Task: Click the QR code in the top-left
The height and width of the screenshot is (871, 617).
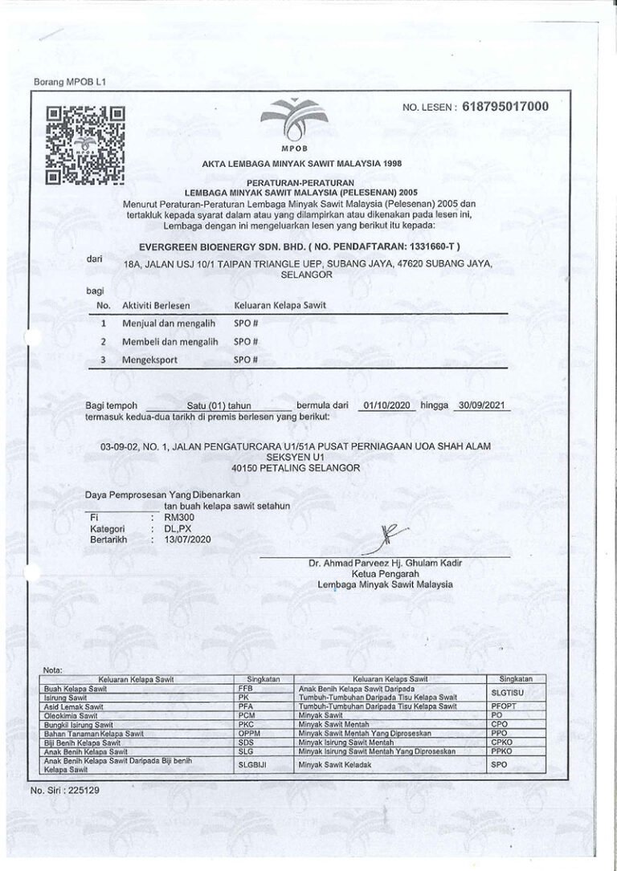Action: click(x=84, y=145)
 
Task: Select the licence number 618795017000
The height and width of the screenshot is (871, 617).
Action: click(x=505, y=107)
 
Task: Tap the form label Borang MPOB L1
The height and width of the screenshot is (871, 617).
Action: click(x=64, y=82)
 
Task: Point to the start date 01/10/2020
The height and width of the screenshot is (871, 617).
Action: click(x=387, y=405)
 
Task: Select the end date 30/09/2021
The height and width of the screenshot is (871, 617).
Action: click(x=480, y=405)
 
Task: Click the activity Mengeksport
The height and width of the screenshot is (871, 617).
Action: click(x=150, y=360)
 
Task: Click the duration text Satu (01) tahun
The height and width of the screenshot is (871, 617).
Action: click(x=219, y=406)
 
